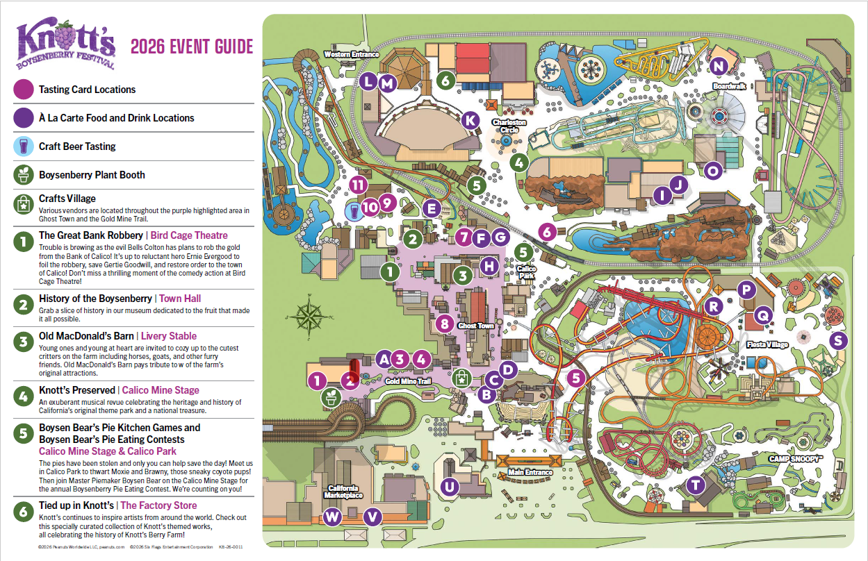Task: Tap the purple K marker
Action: point(470,120)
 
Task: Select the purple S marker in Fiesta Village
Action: point(840,340)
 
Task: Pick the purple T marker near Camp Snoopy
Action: point(695,485)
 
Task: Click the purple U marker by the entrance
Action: point(450,487)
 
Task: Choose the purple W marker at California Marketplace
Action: point(333,517)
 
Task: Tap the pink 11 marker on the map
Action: point(358,185)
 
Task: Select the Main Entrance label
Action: point(530,473)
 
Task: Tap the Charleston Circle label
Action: point(509,126)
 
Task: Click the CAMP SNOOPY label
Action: point(796,459)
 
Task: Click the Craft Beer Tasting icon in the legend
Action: point(24,146)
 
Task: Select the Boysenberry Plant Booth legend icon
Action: point(24,175)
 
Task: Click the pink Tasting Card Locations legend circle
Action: point(24,90)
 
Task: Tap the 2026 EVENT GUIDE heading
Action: point(192,47)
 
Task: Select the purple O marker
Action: point(712,171)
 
